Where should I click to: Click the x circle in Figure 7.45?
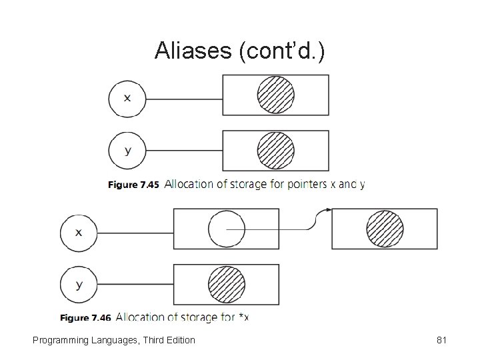127,97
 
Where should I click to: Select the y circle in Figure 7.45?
127,151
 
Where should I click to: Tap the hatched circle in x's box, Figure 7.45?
275,95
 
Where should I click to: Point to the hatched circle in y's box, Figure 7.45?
275,150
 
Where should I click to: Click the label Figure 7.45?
133,185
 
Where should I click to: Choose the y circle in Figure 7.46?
79,285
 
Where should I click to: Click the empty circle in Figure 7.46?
227,229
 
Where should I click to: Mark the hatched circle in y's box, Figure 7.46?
227,284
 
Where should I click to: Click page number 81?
441,340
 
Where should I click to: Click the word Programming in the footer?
60,340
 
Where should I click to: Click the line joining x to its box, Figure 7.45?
183,98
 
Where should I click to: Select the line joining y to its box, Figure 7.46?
135,285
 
